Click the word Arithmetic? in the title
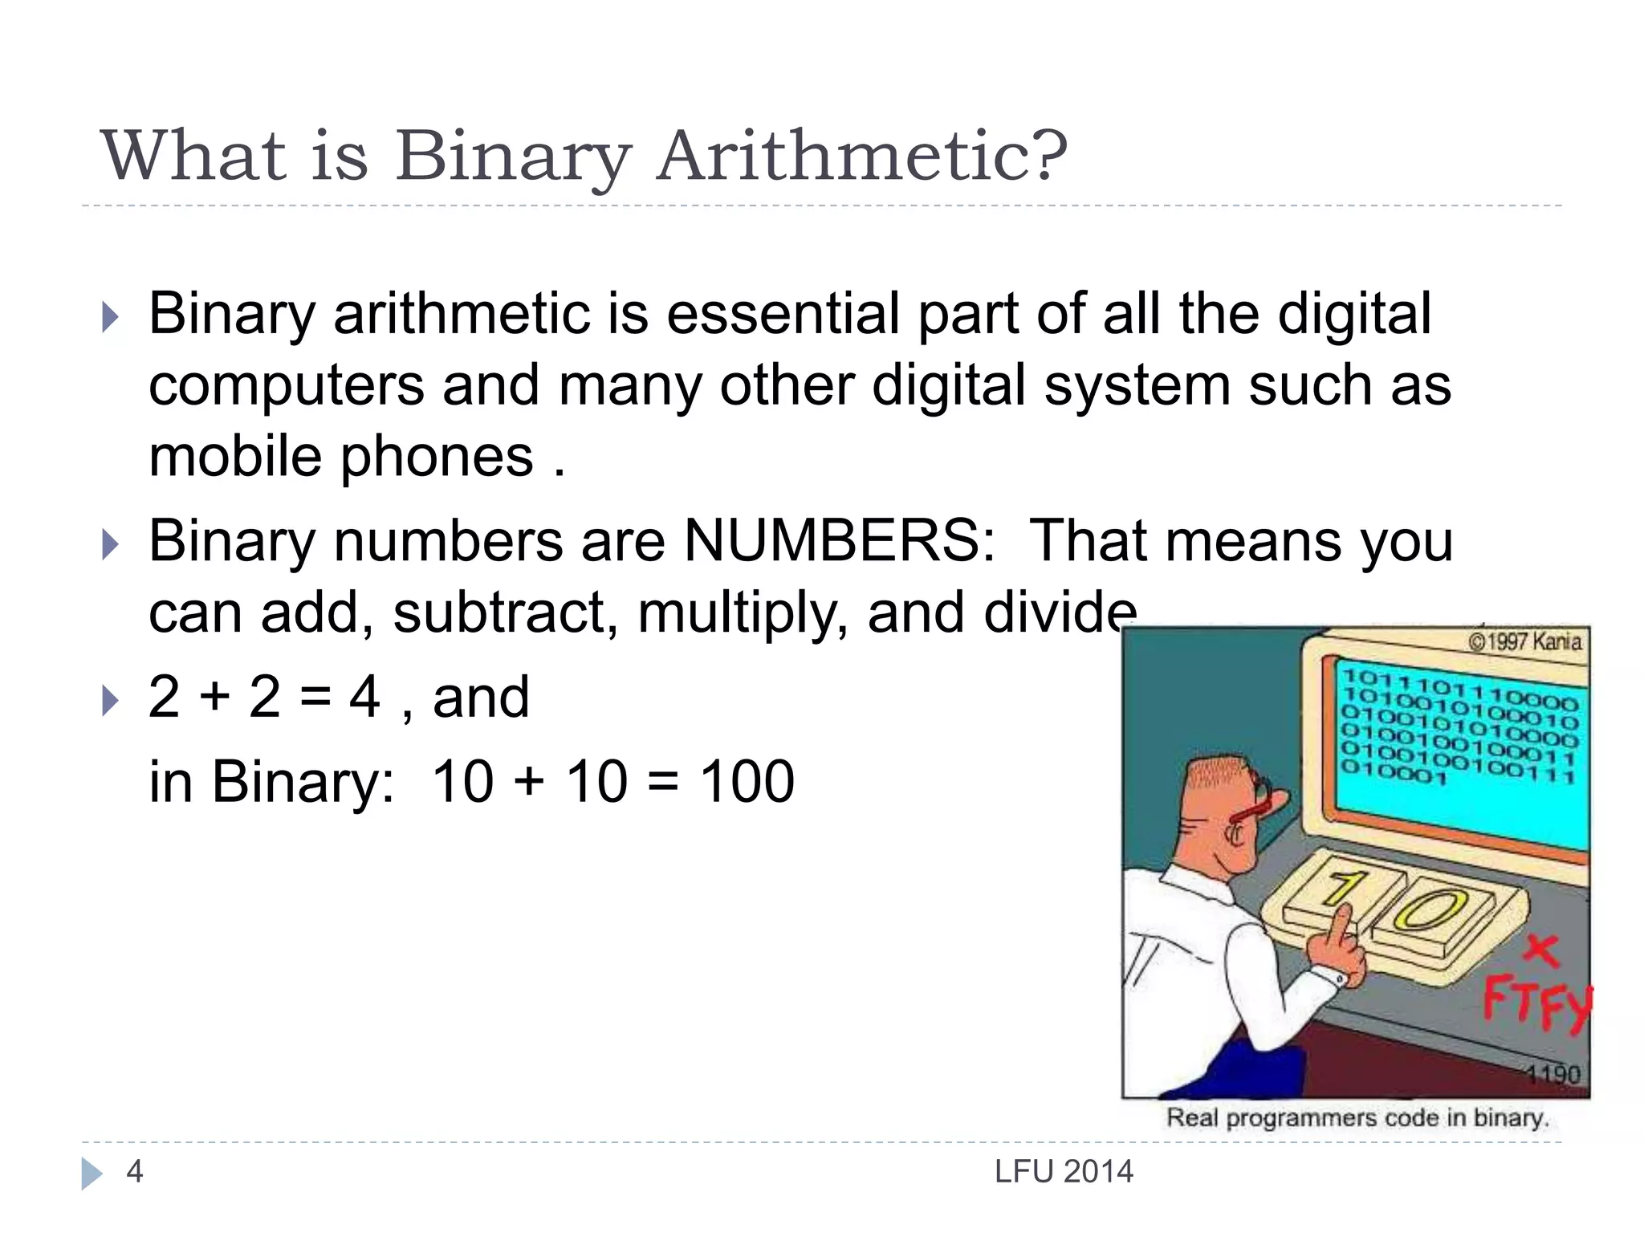click(863, 156)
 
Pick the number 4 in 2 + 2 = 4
click(365, 697)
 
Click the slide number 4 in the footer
click(135, 1172)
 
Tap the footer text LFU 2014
click(1064, 1172)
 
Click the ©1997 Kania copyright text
click(1524, 641)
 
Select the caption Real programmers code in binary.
click(1357, 1117)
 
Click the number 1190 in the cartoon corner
click(1552, 1074)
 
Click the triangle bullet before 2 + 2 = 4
click(111, 701)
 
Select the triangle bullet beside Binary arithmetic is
click(111, 317)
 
